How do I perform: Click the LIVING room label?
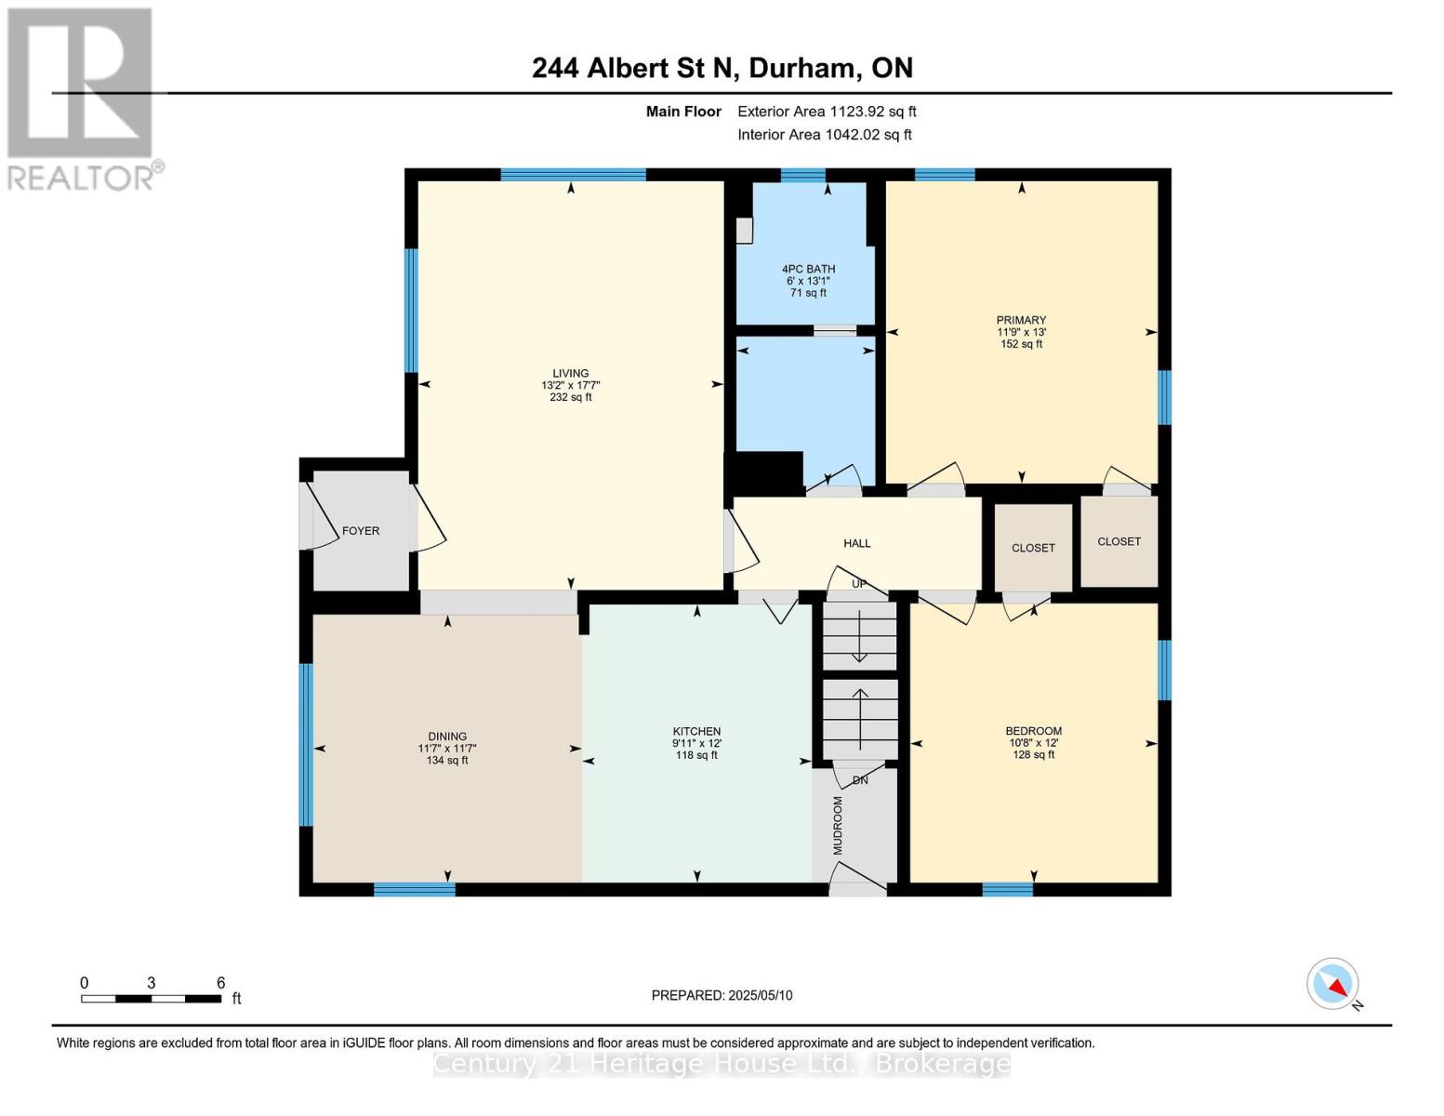coord(570,373)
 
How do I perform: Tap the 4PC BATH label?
coord(808,269)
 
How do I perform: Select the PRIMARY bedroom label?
coord(1021,320)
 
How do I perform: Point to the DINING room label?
coord(447,736)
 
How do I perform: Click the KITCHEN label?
coord(696,731)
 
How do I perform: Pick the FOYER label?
coord(361,530)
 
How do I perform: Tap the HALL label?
coord(856,543)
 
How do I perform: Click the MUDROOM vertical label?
coord(837,825)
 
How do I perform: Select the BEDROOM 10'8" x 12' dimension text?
coord(1033,743)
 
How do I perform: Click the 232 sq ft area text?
coord(570,397)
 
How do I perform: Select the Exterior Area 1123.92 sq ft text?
coord(827,112)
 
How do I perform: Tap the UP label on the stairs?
coord(859,584)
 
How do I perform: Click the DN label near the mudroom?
coord(860,780)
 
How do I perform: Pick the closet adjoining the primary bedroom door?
coord(1119,541)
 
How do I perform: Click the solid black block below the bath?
coord(767,473)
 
